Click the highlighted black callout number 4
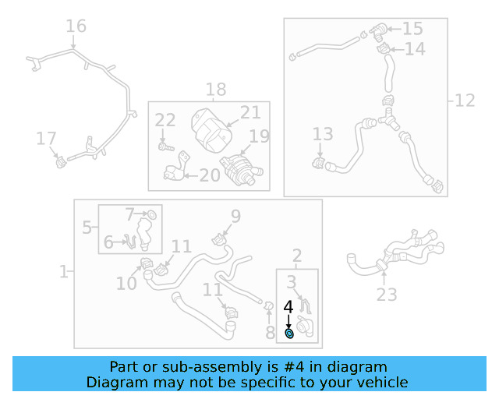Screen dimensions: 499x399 pos(288,307)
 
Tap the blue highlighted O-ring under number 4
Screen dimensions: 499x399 pos(289,334)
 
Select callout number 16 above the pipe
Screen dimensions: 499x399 pos(76,26)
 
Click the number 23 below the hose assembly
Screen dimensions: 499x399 pos(387,295)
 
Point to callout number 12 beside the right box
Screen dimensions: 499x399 pos(465,101)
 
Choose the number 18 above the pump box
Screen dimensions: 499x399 pos(216,90)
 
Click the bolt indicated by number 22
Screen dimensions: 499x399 pos(166,147)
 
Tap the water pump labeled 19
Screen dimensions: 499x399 pos(241,169)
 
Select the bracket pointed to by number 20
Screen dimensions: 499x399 pos(176,168)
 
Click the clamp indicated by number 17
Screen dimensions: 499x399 pos(61,163)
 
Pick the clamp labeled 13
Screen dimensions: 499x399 pos(319,163)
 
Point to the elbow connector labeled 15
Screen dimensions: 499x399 pos(378,33)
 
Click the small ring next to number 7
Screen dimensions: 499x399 pos(152,215)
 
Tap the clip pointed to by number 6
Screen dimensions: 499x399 pos(131,242)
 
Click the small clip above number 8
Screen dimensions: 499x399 pos(269,306)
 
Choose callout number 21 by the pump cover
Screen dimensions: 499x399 pos(250,112)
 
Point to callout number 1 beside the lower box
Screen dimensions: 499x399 pos(63,272)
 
